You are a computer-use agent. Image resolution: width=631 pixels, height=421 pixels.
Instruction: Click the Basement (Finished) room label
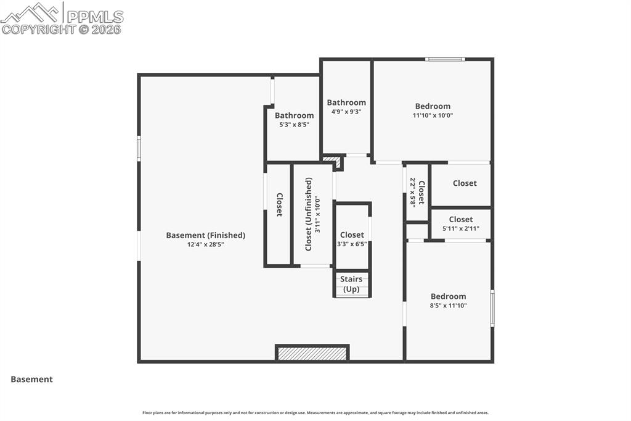(205, 235)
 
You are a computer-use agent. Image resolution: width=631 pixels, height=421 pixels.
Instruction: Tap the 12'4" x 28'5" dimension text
(205, 244)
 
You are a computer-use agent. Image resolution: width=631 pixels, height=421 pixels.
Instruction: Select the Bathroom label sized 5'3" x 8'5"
(294, 115)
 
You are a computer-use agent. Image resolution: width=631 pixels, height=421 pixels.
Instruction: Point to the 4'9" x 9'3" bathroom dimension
(346, 112)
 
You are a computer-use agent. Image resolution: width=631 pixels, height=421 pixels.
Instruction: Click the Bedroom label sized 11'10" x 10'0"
(433, 106)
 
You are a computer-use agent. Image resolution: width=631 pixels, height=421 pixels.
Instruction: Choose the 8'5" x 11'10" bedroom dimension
(448, 305)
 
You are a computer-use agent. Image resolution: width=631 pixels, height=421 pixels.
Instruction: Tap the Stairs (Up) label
(351, 284)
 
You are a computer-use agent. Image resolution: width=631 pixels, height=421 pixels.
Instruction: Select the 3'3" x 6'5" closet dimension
(352, 244)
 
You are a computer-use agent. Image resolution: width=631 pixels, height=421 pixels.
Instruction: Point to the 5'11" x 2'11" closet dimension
(460, 228)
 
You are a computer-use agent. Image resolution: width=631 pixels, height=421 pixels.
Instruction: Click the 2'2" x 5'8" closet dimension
(413, 192)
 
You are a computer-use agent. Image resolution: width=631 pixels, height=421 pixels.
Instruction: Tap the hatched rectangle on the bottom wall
(312, 353)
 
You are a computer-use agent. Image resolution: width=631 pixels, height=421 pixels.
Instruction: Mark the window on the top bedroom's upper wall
(445, 59)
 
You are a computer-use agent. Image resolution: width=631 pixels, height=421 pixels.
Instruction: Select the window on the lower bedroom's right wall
(492, 307)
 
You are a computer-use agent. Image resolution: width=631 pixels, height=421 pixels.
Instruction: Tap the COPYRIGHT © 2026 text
(62, 29)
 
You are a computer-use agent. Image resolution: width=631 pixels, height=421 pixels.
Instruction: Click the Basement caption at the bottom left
(31, 380)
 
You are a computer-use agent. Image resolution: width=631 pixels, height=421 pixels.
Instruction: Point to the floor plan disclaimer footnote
(315, 413)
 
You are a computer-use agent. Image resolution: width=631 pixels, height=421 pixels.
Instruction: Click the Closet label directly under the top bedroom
(465, 183)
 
